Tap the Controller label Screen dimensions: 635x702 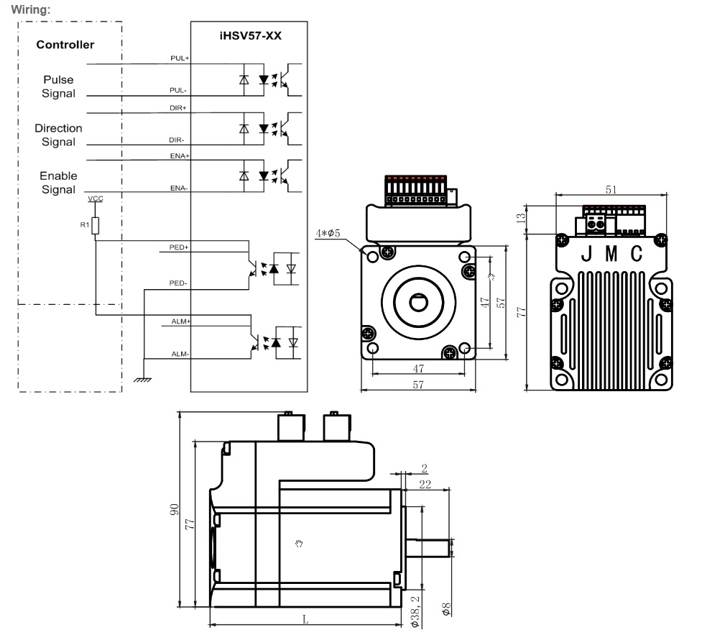[x=65, y=45]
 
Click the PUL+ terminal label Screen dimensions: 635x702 [x=180, y=59]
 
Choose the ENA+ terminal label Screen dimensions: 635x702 [x=180, y=155]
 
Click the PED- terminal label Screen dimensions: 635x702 [x=178, y=283]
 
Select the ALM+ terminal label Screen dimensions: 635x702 [x=180, y=321]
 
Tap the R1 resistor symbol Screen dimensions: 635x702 [x=95, y=227]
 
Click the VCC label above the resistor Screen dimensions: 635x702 [x=94, y=197]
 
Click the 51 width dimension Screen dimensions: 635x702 [x=611, y=190]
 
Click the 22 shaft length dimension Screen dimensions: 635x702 [x=425, y=485]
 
